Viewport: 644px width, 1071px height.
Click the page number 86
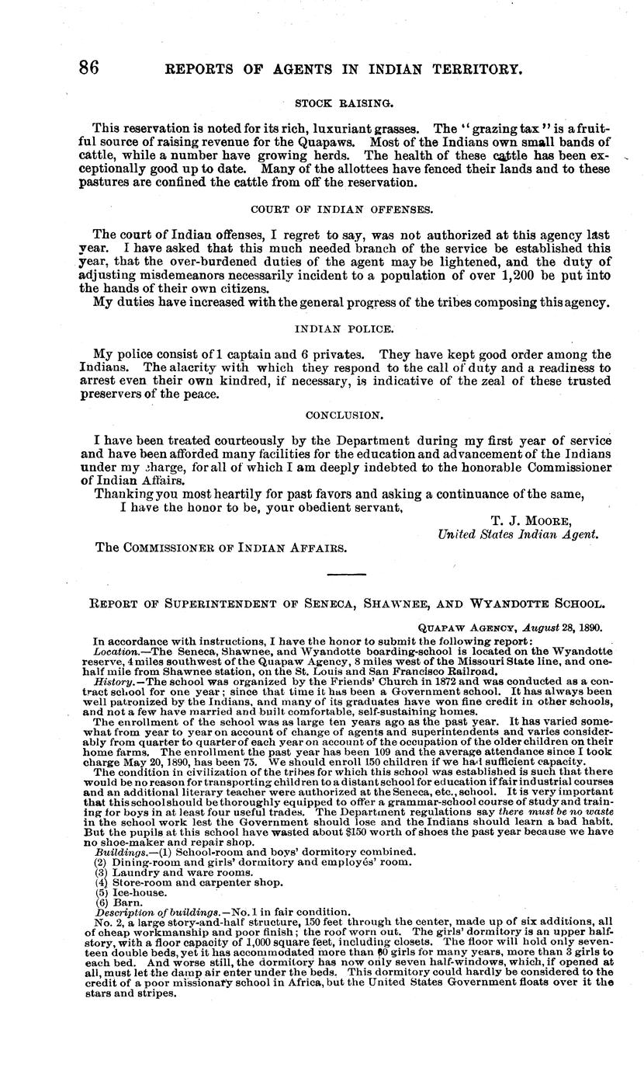click(89, 68)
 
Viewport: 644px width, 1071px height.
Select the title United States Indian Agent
click(518, 534)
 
